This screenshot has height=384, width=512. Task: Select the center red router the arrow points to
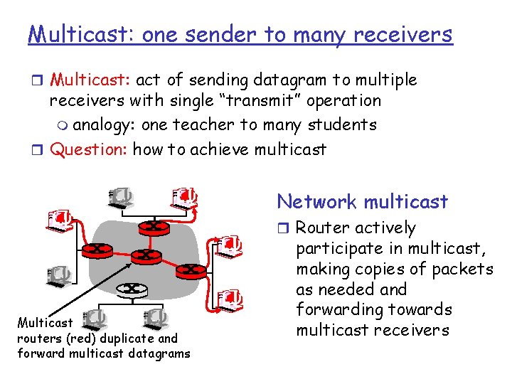pos(145,255)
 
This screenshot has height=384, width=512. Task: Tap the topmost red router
pos(154,226)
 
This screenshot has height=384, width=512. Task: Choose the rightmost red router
pos(190,270)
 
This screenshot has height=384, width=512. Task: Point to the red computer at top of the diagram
pos(185,196)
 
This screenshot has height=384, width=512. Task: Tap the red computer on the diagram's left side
pos(59,220)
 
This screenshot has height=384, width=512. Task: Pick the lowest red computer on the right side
pos(229,299)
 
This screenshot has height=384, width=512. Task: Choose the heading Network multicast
pos(363,202)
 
